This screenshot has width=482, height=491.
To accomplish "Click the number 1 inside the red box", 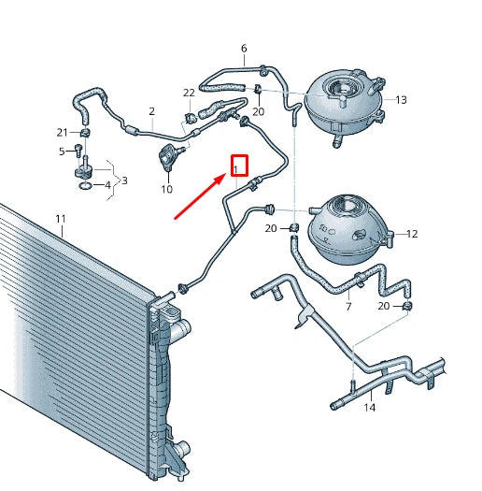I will point(238,168).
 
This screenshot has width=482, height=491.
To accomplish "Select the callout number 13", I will point(401,99).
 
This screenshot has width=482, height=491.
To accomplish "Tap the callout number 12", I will point(411,234).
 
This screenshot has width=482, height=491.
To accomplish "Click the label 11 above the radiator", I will point(61,220).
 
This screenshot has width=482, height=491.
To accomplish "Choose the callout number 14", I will point(369,407).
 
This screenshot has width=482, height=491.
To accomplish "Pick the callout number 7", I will point(348,306).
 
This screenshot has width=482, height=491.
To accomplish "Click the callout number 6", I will point(244,48).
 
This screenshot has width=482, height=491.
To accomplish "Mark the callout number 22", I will point(189,93).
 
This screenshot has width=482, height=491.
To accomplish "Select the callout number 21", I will point(63,132).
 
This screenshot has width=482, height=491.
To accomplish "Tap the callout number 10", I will point(166,190).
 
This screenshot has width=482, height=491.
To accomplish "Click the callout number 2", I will point(151,110).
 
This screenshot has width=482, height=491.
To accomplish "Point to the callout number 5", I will point(63,152).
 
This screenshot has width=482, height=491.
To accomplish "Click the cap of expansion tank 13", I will point(339,91).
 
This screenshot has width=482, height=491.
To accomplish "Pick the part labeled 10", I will point(170,157).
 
